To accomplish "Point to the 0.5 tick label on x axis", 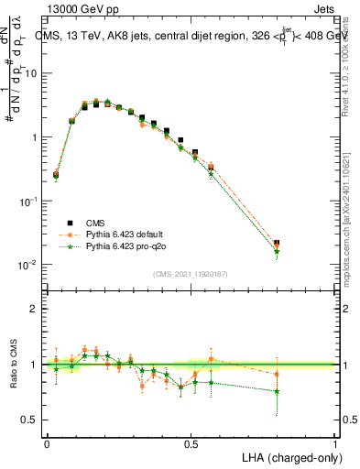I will [191, 442].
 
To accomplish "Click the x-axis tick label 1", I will [335, 442].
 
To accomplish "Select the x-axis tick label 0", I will [47, 442].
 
